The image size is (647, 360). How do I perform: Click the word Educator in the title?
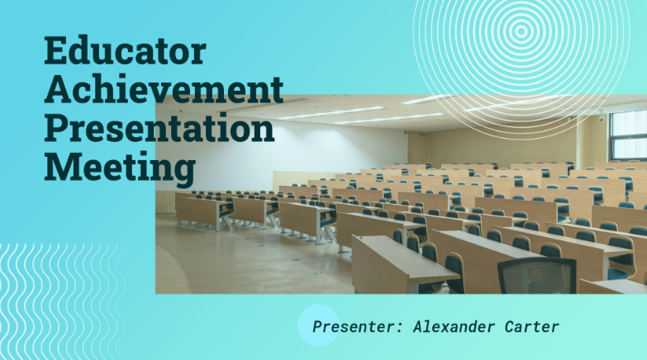point(124,51)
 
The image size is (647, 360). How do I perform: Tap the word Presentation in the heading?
point(159,129)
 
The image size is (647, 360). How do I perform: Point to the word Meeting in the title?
point(119,168)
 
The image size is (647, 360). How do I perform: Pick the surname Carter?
point(530,327)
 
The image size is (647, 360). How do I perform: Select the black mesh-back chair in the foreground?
point(537,275)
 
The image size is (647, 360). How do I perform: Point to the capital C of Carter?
point(507,327)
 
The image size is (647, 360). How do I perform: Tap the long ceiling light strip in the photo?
point(331,113)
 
